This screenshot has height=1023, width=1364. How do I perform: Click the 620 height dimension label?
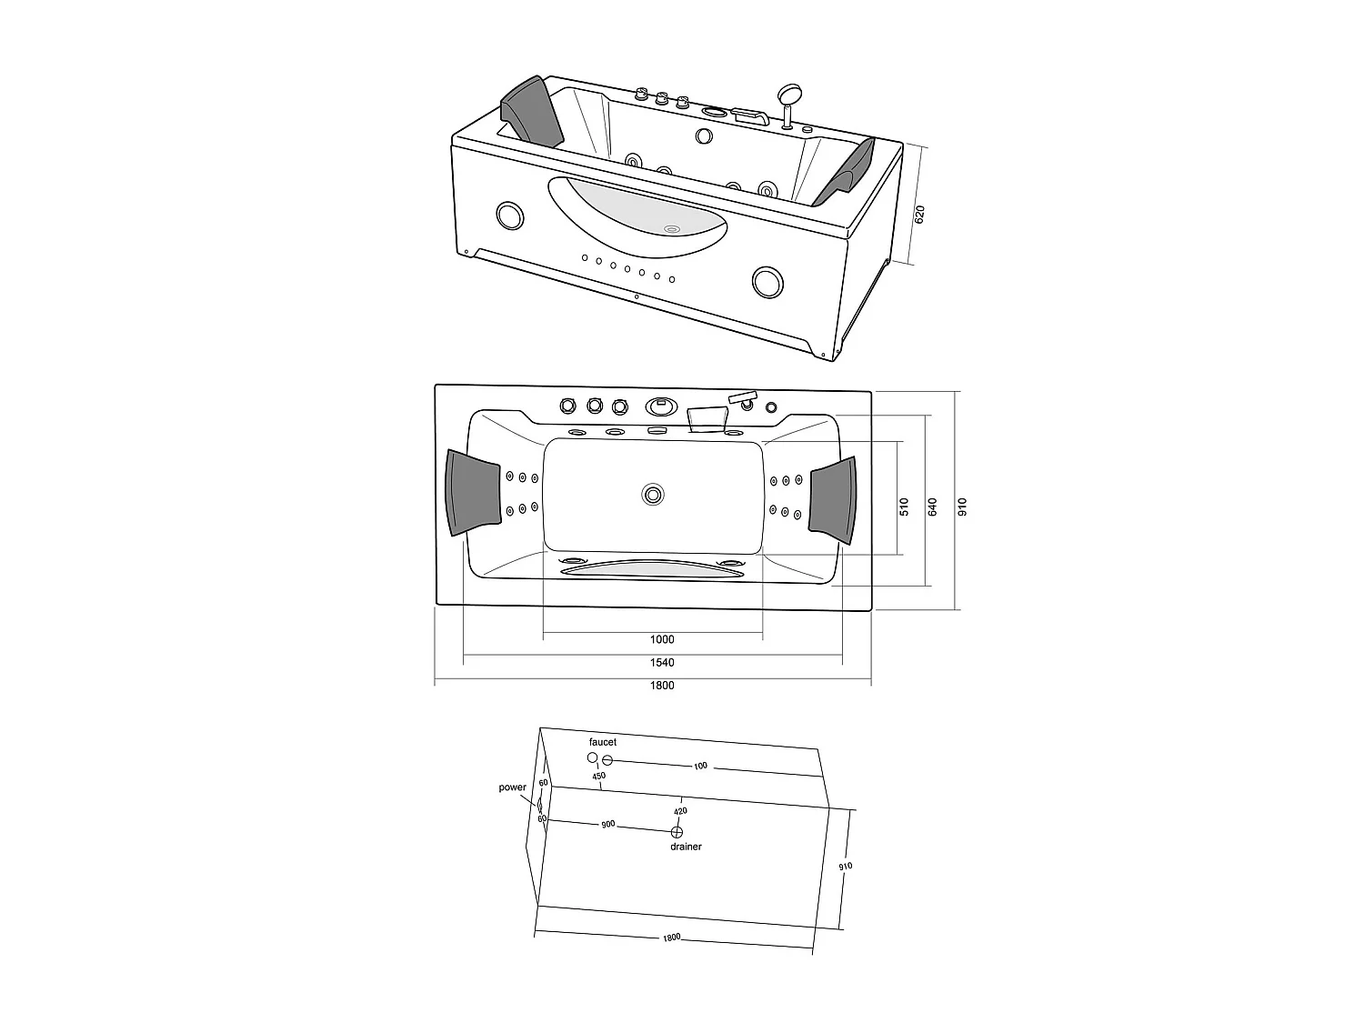(x=919, y=216)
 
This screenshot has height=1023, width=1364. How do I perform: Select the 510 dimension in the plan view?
(x=904, y=507)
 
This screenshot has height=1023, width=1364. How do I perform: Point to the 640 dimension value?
(x=932, y=507)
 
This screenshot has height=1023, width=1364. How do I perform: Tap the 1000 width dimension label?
(x=662, y=639)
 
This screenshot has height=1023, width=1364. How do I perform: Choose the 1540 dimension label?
(x=662, y=663)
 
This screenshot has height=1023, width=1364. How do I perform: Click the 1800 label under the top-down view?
(x=662, y=686)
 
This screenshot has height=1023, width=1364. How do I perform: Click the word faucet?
(x=602, y=743)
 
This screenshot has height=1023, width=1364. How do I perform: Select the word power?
(x=512, y=787)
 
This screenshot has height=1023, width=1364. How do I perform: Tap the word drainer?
(x=686, y=847)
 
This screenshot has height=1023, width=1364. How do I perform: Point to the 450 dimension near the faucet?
(x=598, y=777)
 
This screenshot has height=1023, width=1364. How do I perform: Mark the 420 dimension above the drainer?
(x=680, y=811)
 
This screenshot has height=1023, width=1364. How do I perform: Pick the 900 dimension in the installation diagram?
(x=607, y=825)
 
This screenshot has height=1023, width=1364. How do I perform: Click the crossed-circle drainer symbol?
(x=677, y=832)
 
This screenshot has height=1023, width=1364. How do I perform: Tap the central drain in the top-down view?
(x=652, y=495)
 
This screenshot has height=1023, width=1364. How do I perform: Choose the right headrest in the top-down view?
(x=833, y=499)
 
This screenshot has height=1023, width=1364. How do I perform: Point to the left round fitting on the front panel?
(x=511, y=216)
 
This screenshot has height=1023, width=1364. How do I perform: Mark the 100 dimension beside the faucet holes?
(x=700, y=767)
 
